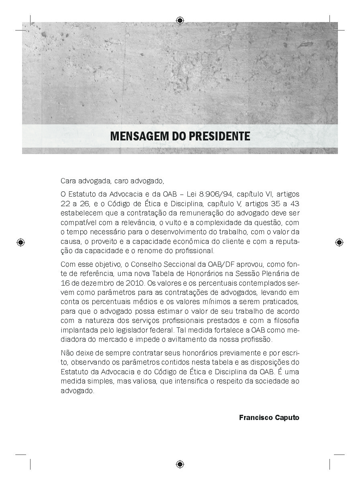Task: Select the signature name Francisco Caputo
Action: coord(269,418)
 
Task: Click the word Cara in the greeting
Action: coord(68,181)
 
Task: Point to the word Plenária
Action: coord(273,274)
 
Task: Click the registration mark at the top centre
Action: coord(180,20)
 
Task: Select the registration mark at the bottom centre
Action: coord(180,465)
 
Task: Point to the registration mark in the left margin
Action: coord(21,242)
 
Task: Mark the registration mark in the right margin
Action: coord(339,242)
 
